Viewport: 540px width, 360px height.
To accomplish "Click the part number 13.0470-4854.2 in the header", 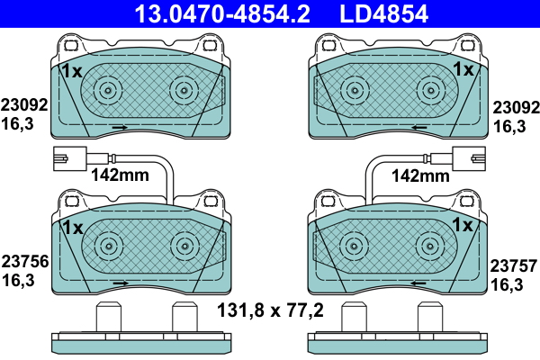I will [210, 13].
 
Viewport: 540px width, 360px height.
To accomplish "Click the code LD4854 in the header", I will [382, 13].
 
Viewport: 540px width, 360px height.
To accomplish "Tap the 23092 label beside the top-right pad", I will [517, 104].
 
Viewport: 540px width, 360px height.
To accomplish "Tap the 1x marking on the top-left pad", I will [71, 70].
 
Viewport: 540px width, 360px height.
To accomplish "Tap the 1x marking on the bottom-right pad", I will [463, 224].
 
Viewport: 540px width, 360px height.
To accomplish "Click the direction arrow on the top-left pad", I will [120, 129].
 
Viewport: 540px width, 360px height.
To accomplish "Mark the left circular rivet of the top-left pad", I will [108, 90].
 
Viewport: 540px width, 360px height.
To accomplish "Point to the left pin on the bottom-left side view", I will [108, 318].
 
